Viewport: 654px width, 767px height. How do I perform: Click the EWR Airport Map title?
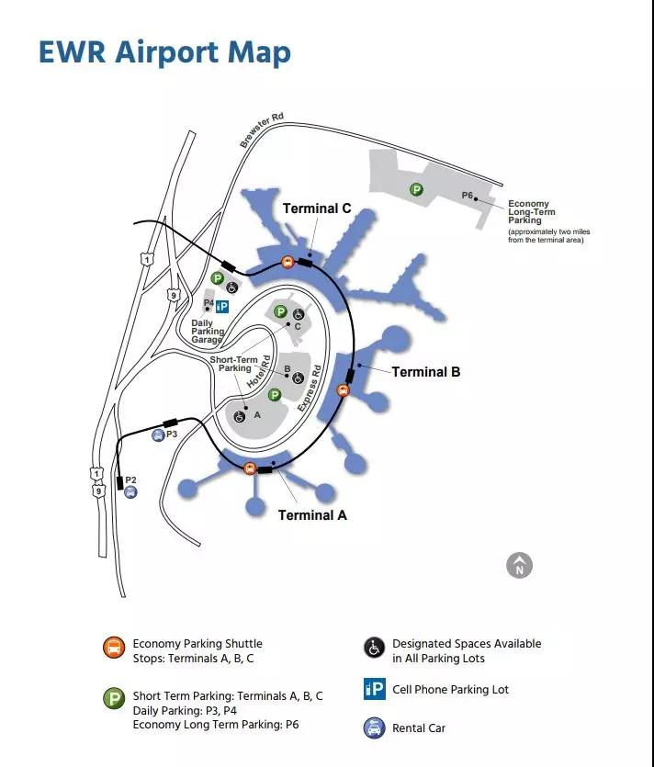[164, 53]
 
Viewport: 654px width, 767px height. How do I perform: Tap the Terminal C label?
[317, 209]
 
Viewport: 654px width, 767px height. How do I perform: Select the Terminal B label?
[426, 372]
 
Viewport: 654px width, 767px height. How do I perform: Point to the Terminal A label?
[312, 515]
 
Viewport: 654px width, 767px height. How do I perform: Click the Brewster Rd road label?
[262, 130]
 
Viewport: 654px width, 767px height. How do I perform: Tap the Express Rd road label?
[310, 388]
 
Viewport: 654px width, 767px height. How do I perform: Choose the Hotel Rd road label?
[258, 372]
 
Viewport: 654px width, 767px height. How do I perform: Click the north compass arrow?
[520, 566]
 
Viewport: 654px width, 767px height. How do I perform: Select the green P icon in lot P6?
[416, 189]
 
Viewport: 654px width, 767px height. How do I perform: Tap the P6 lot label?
[468, 195]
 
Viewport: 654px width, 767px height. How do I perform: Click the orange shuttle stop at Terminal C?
[288, 262]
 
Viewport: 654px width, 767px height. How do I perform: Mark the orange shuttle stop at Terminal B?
[343, 389]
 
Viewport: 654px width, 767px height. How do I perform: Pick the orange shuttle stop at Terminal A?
[250, 468]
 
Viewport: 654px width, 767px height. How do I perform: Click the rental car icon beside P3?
[158, 434]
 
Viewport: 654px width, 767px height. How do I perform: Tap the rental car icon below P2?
[130, 492]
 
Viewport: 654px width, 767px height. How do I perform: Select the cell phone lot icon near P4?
[222, 307]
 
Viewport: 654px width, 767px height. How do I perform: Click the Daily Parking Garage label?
[208, 332]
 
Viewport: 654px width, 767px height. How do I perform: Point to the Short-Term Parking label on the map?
[234, 364]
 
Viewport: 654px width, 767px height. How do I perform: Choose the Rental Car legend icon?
[375, 728]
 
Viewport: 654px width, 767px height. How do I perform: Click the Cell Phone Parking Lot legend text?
[450, 690]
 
